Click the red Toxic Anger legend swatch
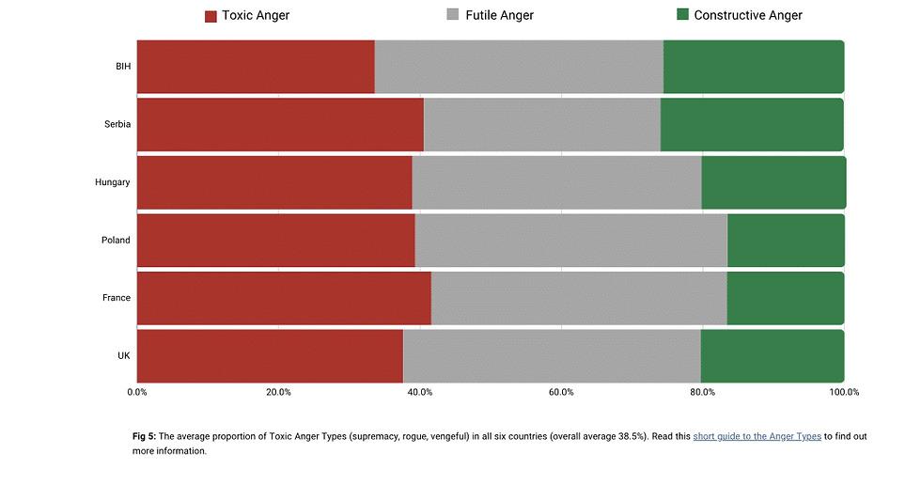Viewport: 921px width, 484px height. point(211,16)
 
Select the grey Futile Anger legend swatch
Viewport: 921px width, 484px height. point(453,15)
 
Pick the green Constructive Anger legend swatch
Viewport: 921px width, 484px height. point(682,15)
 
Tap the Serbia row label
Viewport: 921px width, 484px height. point(117,124)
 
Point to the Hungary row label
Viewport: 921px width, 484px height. point(113,182)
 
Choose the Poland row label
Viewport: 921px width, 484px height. point(116,240)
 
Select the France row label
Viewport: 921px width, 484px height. point(117,298)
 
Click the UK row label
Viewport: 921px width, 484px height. point(124,356)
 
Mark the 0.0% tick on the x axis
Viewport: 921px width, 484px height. point(137,392)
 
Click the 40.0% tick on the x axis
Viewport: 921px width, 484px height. point(419,392)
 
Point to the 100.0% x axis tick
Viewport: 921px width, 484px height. point(842,392)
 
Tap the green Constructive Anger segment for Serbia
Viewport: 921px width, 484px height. point(752,124)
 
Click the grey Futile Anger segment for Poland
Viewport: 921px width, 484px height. point(570,240)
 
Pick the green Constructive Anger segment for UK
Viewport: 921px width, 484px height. point(772,356)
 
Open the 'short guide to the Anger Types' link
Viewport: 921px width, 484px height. point(757,436)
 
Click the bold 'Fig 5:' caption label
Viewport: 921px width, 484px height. point(144,436)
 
